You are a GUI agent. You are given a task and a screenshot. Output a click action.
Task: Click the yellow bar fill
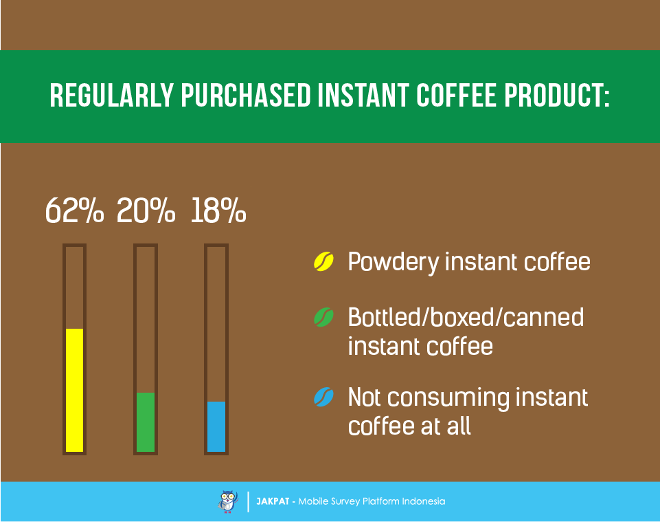coord(74,389)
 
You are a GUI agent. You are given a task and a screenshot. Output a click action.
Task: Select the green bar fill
coord(146,422)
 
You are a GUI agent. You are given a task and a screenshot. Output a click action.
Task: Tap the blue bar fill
coord(216,426)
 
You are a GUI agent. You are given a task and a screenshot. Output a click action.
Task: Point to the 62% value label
coord(74,211)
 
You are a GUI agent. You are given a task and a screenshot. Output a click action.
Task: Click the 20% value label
coord(146,211)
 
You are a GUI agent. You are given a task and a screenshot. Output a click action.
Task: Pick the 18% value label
coord(218,211)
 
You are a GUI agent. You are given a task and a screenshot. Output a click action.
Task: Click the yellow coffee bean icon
coord(323,261)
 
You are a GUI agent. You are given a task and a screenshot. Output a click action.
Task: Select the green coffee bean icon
coord(323,317)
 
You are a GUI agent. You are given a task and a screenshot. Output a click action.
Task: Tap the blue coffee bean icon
coord(323,397)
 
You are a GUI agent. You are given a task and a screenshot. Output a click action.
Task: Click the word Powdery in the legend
coord(392,262)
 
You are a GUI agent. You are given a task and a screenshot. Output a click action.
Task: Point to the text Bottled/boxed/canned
coord(466,317)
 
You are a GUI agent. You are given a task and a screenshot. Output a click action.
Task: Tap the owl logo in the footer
coord(228,501)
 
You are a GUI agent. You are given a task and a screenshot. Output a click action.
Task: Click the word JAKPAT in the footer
coord(272,501)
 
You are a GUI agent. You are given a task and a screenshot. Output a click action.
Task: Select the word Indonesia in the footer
coord(424,501)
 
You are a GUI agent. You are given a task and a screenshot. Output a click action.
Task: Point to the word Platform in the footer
coord(380,501)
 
